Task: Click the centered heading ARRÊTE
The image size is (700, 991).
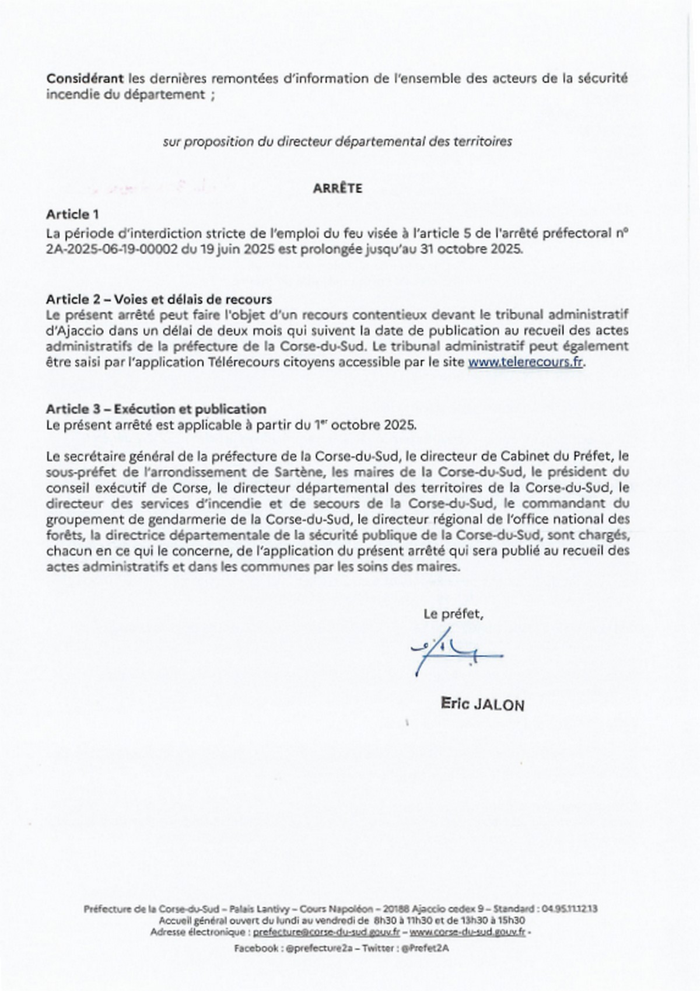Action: tap(337, 189)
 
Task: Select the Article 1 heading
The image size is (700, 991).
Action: tap(68, 214)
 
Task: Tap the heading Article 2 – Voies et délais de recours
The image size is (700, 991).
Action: tap(159, 299)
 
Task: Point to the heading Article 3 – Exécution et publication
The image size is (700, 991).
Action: tap(156, 409)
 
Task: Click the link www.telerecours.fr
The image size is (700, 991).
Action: tap(525, 362)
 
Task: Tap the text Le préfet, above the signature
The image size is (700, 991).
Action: tap(453, 614)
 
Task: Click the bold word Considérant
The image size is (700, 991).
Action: tap(85, 78)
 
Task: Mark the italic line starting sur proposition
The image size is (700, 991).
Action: tap(337, 142)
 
